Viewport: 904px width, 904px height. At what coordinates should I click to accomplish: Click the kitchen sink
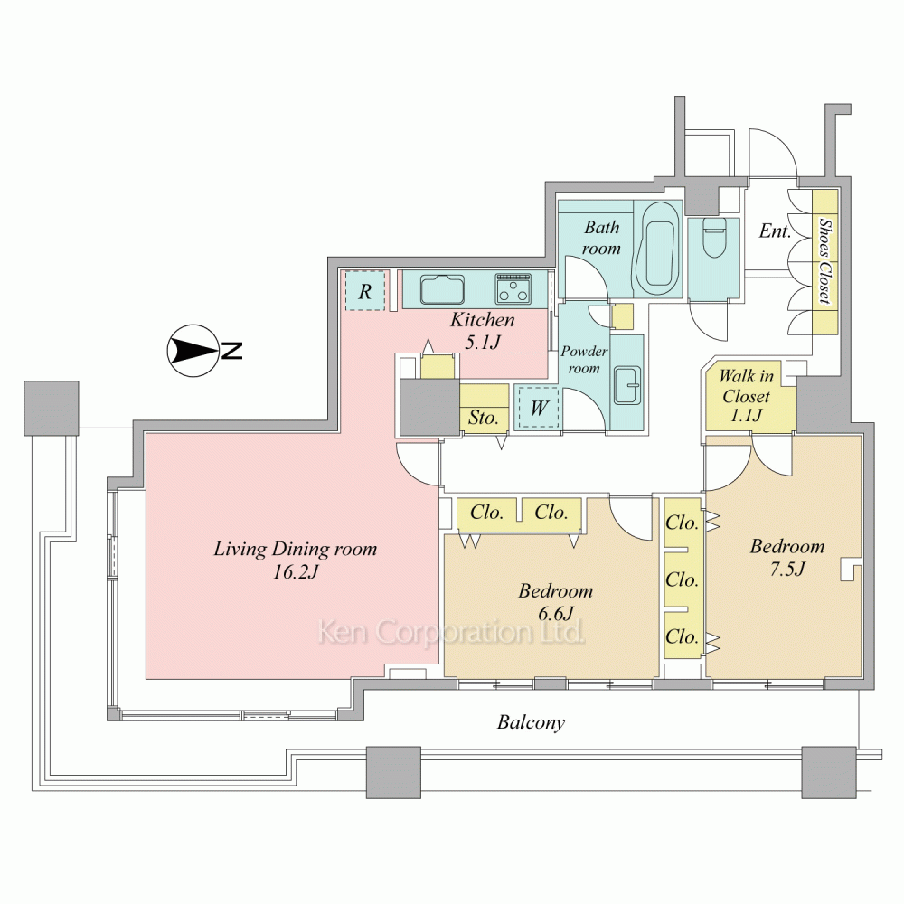pyautogui.click(x=442, y=289)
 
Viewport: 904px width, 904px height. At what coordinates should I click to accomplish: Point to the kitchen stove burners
pyautogui.click(x=513, y=289)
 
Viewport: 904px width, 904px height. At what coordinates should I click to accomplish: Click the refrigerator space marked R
pyautogui.click(x=365, y=291)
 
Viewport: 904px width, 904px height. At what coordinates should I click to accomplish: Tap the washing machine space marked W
pyautogui.click(x=539, y=408)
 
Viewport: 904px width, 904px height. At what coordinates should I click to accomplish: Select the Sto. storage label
pyautogui.click(x=483, y=417)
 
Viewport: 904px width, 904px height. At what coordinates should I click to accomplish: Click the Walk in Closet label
pyautogui.click(x=746, y=396)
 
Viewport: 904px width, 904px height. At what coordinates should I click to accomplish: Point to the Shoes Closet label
pyautogui.click(x=825, y=261)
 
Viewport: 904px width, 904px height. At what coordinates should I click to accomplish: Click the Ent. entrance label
pyautogui.click(x=775, y=231)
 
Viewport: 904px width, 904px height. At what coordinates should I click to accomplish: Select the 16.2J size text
pyautogui.click(x=296, y=572)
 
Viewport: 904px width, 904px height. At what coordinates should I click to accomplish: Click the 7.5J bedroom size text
pyautogui.click(x=787, y=569)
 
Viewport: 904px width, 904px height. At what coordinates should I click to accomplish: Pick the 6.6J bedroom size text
pyautogui.click(x=555, y=614)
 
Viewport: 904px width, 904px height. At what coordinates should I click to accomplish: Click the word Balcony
pyautogui.click(x=531, y=722)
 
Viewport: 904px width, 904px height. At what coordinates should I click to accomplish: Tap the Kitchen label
pyautogui.click(x=482, y=319)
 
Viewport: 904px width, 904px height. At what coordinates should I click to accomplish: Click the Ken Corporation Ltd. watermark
pyautogui.click(x=451, y=632)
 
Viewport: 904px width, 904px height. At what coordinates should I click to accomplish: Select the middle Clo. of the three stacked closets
pyautogui.click(x=682, y=579)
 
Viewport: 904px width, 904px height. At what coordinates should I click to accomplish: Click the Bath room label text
pyautogui.click(x=601, y=238)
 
